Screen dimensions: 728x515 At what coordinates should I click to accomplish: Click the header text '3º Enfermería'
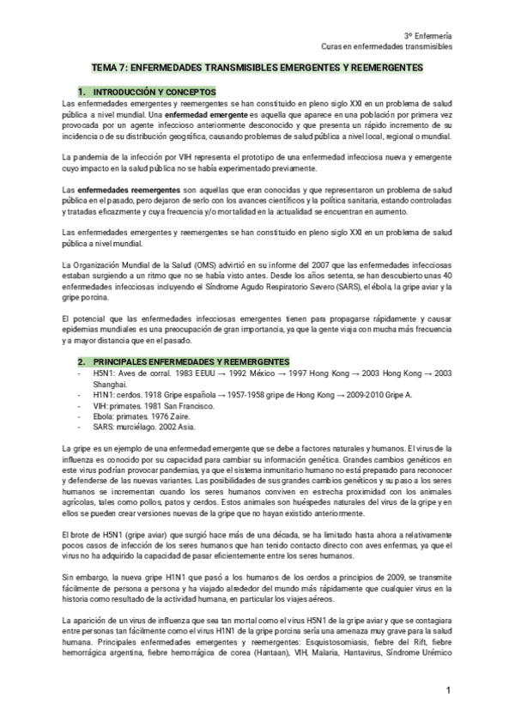[x=428, y=35]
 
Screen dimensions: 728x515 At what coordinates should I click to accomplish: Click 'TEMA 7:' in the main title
[x=109, y=67]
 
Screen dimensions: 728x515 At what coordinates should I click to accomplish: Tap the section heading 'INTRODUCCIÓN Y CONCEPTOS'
[x=154, y=91]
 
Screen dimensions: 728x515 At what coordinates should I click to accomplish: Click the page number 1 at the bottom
[x=447, y=691]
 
